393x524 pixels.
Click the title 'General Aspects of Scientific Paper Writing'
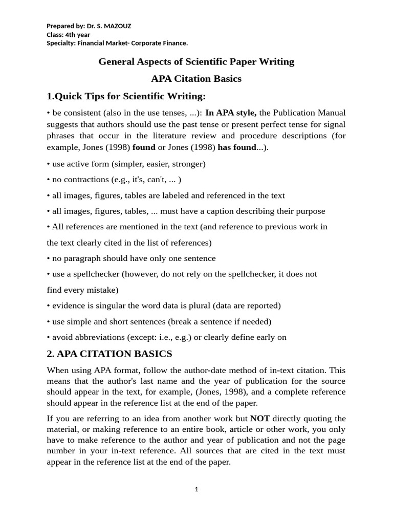pos(196,62)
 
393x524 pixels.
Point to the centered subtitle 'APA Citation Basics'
pos(196,79)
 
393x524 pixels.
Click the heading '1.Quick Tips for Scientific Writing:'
pos(126,96)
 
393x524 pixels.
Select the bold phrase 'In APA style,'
pos(231,113)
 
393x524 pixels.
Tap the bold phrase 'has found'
pos(236,147)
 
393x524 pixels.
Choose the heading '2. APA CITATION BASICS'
pos(110,354)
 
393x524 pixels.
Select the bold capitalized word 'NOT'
pos(260,419)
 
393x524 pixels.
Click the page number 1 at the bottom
pos(196,489)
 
